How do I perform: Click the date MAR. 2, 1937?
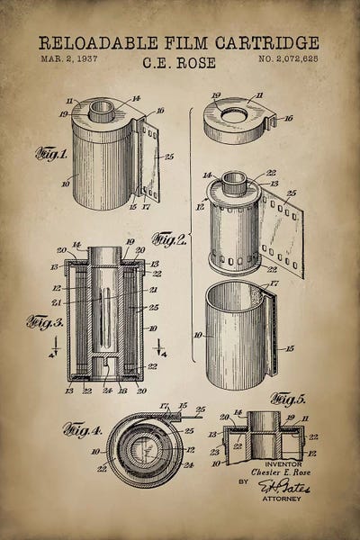point(69,58)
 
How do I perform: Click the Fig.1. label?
point(51,153)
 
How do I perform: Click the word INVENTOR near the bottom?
point(272,464)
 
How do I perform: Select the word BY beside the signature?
point(242,482)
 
